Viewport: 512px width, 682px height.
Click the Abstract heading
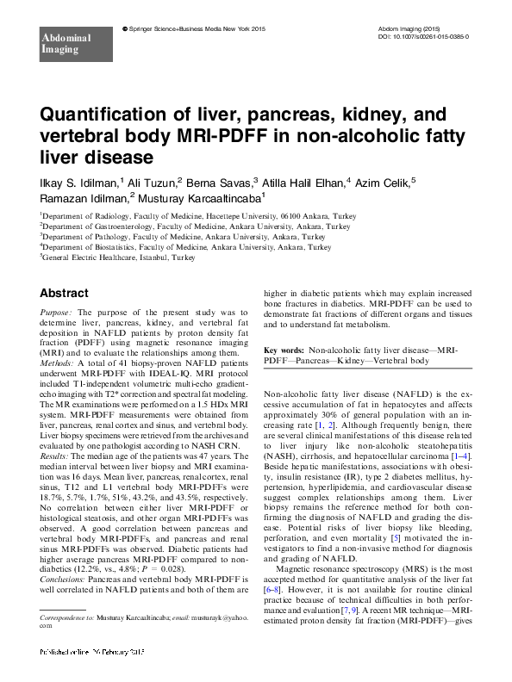click(x=64, y=293)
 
